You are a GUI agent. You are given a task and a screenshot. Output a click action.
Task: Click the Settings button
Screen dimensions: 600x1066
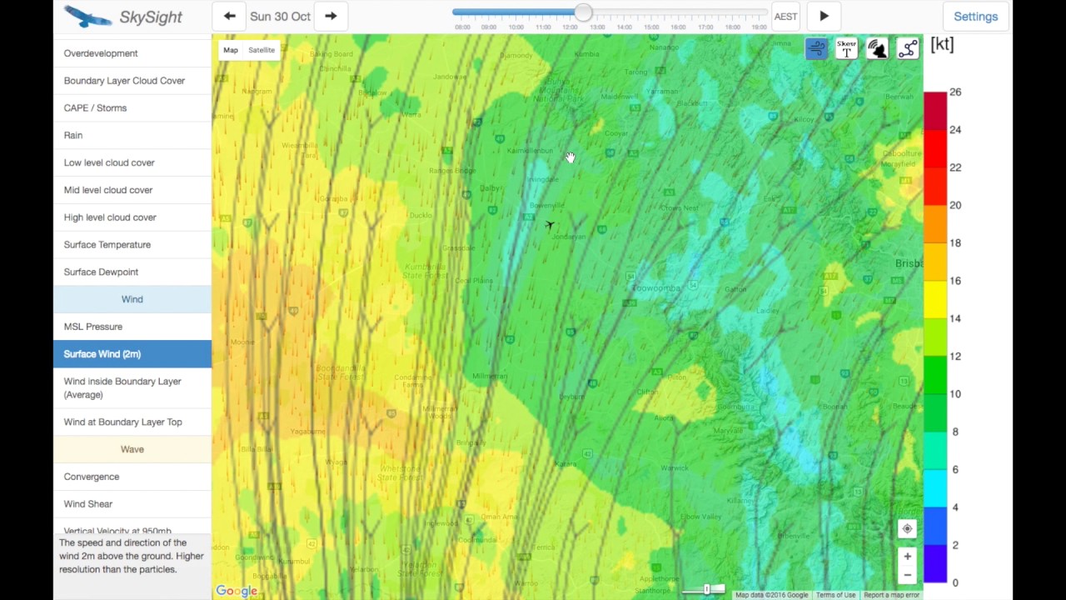[975, 17]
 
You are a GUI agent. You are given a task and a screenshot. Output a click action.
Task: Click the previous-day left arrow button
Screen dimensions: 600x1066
[230, 16]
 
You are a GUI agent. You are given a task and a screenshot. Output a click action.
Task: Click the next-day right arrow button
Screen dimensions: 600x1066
[331, 16]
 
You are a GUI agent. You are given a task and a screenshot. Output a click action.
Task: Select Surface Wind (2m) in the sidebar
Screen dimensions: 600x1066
[102, 354]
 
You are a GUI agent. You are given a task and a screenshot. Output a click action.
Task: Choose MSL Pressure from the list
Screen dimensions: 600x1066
[93, 327]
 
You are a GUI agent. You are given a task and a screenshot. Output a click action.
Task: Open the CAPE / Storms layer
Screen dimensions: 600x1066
[95, 108]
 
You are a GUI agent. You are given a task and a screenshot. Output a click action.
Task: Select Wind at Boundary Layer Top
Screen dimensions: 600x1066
[122, 422]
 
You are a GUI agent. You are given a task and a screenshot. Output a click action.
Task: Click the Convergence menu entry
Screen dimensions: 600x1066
[92, 477]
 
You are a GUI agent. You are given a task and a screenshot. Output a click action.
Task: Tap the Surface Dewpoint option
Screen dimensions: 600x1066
[101, 272]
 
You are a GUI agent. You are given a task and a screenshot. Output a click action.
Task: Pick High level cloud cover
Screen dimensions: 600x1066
[110, 217]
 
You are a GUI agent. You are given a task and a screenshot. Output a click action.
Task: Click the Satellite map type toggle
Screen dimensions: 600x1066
[261, 50]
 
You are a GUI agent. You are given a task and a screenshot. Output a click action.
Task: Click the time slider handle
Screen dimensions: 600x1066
[583, 13]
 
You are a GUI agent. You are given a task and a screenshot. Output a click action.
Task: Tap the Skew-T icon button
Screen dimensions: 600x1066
[846, 49]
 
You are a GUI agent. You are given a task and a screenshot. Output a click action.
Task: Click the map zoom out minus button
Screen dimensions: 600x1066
[907, 575]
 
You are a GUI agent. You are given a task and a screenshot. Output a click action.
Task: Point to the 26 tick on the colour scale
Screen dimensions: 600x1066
[954, 92]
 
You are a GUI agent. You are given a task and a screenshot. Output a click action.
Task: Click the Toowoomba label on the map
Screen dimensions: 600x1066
[658, 288]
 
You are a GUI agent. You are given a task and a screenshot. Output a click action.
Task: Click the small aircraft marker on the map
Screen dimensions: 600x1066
[550, 225]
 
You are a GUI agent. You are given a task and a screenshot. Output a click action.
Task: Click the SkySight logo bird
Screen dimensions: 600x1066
[87, 17]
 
